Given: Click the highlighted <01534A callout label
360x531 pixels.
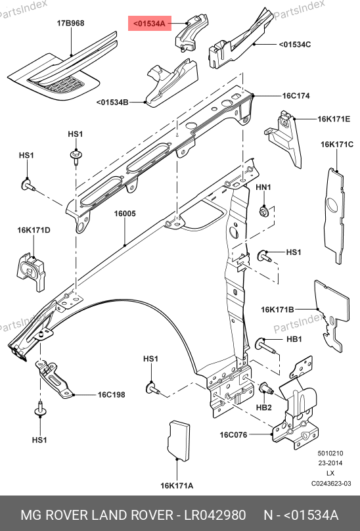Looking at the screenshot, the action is pyautogui.click(x=150, y=24).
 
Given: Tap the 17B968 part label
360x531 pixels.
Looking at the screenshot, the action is pyautogui.click(x=70, y=23).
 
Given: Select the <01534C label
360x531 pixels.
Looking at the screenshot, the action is pyautogui.click(x=295, y=45).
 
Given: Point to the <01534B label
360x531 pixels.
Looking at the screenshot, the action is pyautogui.click(x=112, y=103).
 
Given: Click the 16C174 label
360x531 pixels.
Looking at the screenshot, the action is pyautogui.click(x=296, y=96).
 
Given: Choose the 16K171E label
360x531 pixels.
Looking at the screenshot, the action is pyautogui.click(x=334, y=119).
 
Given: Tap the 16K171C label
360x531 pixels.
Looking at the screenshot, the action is pyautogui.click(x=337, y=145).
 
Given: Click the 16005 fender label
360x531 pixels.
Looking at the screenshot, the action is pyautogui.click(x=125, y=214).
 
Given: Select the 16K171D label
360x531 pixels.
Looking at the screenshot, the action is pyautogui.click(x=34, y=230).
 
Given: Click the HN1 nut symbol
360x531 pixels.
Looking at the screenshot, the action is pyautogui.click(x=264, y=212).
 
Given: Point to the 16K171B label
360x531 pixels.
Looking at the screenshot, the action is pyautogui.click(x=277, y=310).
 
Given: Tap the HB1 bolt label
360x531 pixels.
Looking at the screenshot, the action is pyautogui.click(x=294, y=339).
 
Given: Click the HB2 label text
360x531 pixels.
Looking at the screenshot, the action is pyautogui.click(x=264, y=407).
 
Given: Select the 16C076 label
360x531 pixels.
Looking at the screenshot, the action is pyautogui.click(x=233, y=434).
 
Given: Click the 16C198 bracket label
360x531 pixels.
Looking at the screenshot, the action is pyautogui.click(x=112, y=394).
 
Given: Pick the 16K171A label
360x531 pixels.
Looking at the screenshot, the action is pyautogui.click(x=177, y=486).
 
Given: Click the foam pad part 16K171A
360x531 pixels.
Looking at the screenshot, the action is pyautogui.click(x=179, y=441).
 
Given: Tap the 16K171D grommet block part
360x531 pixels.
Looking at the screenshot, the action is pyautogui.click(x=30, y=271).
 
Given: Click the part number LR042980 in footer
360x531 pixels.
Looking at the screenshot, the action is pyautogui.click(x=215, y=515).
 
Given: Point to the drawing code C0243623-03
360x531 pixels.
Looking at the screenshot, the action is pyautogui.click(x=331, y=483).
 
